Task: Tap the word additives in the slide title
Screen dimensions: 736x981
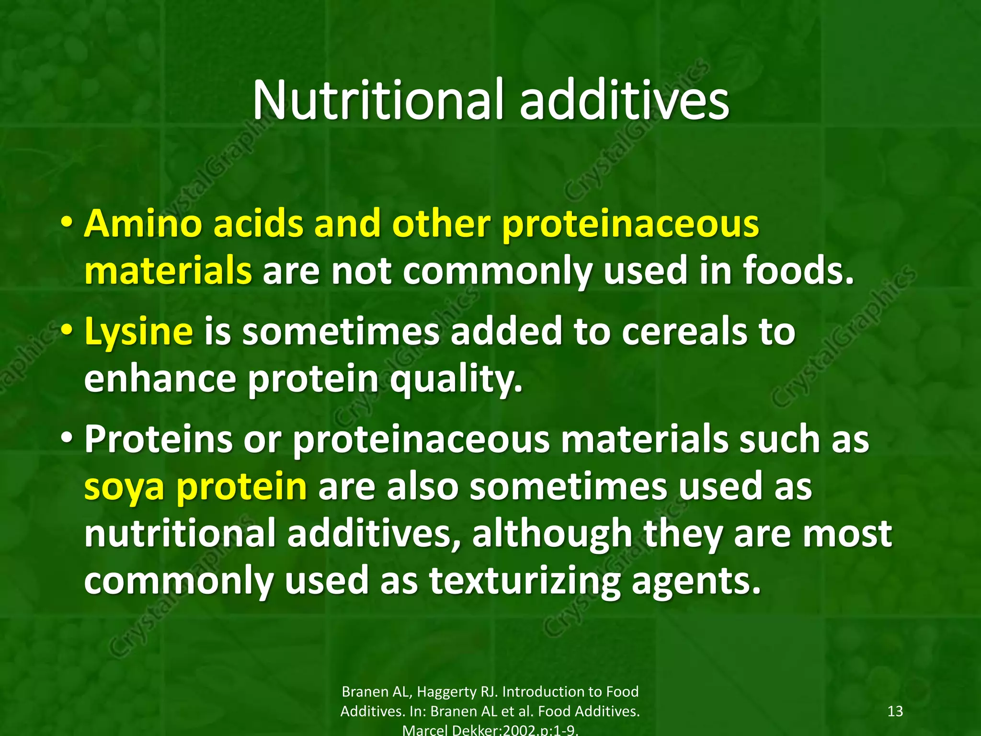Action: coord(624,101)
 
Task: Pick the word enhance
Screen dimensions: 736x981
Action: coord(160,379)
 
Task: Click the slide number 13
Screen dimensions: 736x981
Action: coord(895,711)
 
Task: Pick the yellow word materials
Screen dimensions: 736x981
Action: coord(168,271)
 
